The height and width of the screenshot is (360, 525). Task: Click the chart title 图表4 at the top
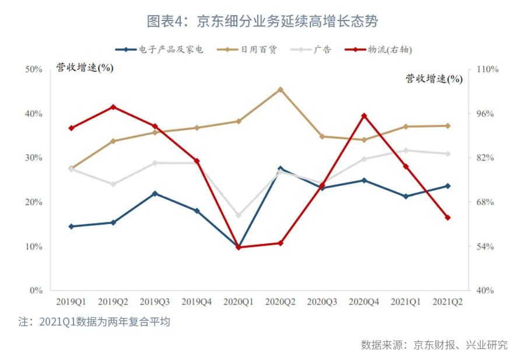(262, 22)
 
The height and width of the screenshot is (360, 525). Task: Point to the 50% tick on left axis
(34, 69)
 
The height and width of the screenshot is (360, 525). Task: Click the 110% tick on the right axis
(487, 69)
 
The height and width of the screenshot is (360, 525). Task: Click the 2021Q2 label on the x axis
(447, 302)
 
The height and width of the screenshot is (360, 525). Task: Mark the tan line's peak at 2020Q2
(280, 89)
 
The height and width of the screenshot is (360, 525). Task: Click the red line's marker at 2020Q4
(364, 116)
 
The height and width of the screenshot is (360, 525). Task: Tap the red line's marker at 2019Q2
(113, 107)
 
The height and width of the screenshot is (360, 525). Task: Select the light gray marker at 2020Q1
(238, 215)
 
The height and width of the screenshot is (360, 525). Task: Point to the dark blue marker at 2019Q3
(155, 193)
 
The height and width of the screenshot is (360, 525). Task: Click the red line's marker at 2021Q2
(447, 218)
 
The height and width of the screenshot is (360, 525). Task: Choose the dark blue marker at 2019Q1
(71, 226)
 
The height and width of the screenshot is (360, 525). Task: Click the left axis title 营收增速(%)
(85, 67)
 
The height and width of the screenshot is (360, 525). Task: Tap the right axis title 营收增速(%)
(434, 79)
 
